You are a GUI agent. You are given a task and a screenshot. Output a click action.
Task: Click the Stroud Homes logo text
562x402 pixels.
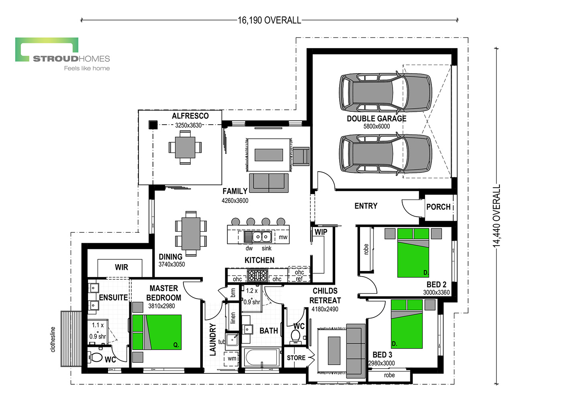point(71,59)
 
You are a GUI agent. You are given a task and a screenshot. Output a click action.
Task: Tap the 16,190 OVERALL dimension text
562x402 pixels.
point(269,20)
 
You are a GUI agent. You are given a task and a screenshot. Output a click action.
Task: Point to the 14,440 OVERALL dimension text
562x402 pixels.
point(497,216)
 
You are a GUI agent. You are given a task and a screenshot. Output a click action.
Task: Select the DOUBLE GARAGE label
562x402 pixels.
point(377,119)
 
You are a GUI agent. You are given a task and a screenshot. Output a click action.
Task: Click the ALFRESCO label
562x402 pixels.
point(190,116)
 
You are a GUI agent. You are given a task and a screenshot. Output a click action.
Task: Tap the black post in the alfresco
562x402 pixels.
point(153,125)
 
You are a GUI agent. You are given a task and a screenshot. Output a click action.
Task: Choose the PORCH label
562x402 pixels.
point(438,207)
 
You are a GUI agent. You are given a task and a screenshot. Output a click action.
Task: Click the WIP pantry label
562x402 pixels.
point(321,232)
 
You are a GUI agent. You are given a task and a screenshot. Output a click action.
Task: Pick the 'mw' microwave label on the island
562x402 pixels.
point(283,237)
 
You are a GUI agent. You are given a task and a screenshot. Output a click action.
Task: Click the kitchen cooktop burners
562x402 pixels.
point(257,275)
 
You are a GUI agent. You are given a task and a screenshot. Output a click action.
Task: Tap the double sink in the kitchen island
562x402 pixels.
point(262,237)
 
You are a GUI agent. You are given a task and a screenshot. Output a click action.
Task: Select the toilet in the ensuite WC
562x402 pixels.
point(95,357)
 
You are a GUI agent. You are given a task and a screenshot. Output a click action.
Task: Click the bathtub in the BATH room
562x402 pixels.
point(261,357)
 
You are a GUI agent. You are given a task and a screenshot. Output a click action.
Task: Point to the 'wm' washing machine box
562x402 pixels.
point(231,359)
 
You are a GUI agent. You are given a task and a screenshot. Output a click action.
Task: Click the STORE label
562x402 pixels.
point(296,358)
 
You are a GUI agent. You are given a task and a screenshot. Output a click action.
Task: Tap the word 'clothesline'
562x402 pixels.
point(53,339)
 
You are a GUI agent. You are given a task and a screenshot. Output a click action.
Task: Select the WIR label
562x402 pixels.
point(121,267)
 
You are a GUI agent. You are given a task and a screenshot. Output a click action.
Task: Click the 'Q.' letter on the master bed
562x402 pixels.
point(176,345)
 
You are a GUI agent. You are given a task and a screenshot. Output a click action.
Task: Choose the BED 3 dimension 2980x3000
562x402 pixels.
point(381,363)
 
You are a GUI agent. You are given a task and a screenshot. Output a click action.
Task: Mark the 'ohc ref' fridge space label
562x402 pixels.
point(299,275)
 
